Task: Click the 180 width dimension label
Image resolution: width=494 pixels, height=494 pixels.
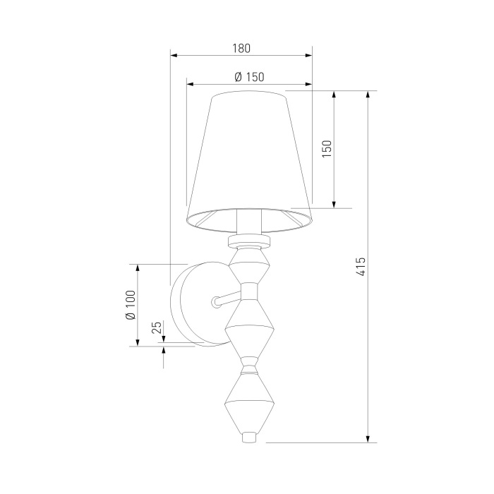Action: [x=241, y=48]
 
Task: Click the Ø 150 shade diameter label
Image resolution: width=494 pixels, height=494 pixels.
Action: [x=250, y=77]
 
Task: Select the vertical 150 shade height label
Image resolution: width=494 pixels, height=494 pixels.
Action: [x=327, y=149]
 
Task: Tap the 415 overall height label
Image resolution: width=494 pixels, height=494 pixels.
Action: [x=361, y=267]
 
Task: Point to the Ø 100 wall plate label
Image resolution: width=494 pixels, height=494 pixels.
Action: [x=131, y=305]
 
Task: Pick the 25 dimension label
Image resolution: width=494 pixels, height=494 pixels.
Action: [x=157, y=327]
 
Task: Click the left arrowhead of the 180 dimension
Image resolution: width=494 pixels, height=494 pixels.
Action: [x=174, y=56]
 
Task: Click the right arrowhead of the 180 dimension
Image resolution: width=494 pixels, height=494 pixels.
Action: [x=308, y=56]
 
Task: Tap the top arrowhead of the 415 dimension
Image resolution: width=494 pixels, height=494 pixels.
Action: [x=368, y=95]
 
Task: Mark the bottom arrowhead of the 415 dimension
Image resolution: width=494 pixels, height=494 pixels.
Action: [x=368, y=438]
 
